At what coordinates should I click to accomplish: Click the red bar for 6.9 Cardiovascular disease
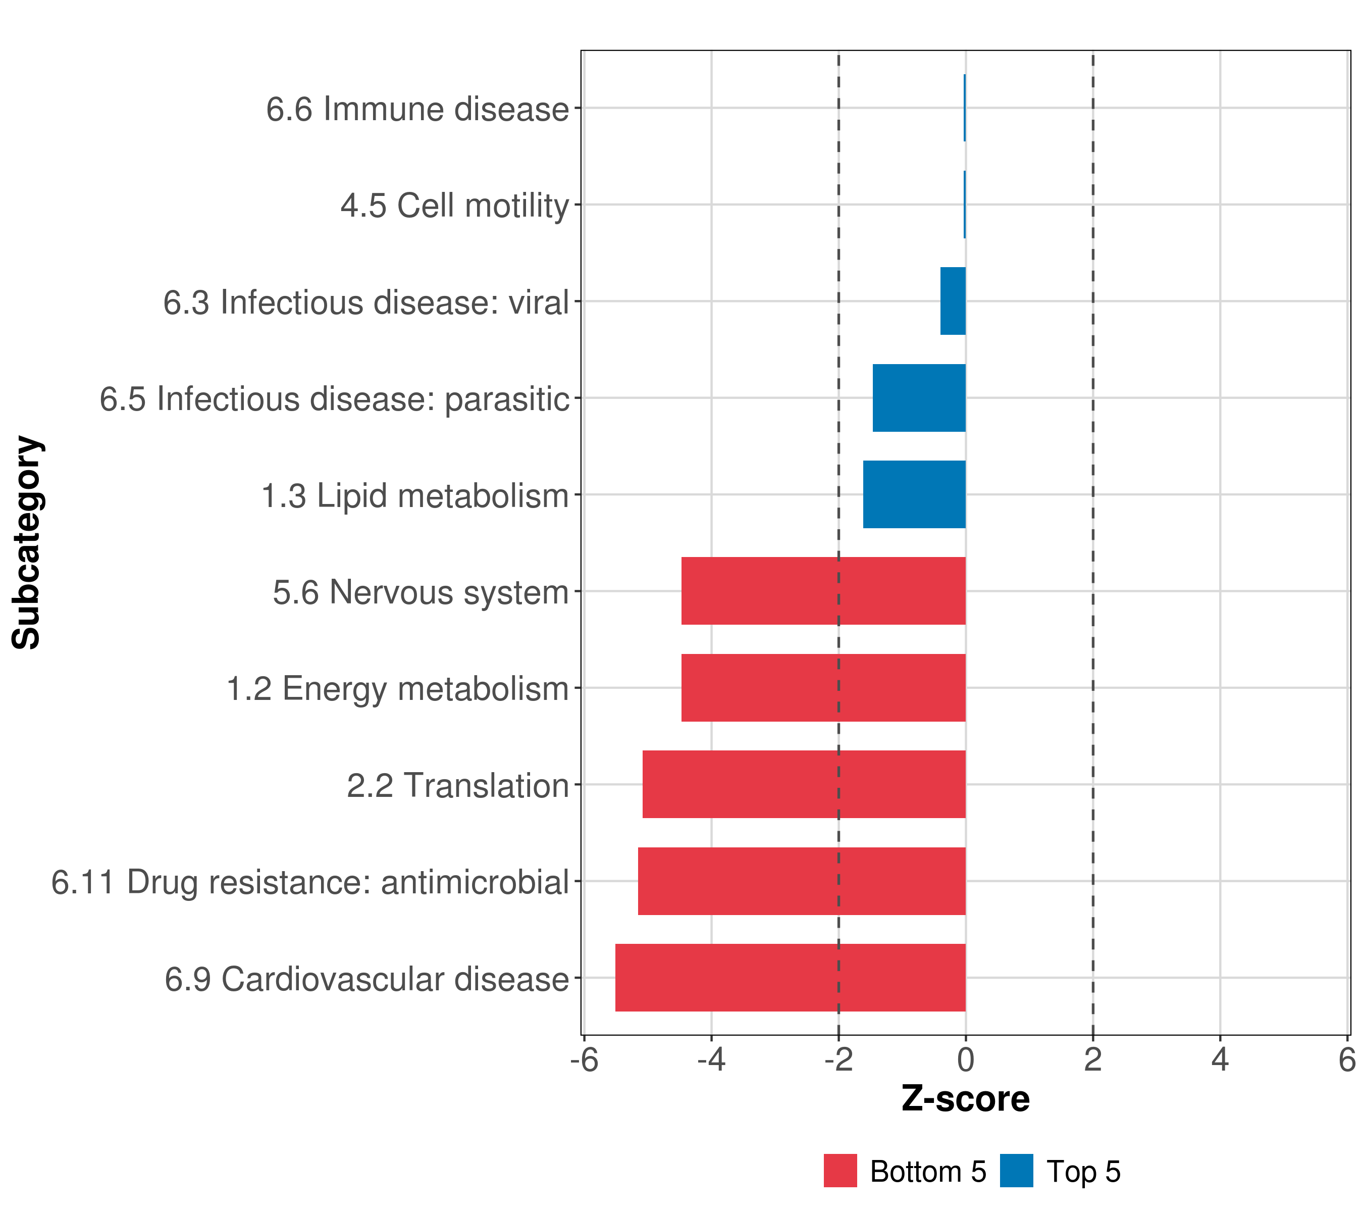[790, 977]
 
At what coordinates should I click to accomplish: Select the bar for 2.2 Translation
[804, 784]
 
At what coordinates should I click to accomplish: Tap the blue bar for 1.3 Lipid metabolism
[914, 494]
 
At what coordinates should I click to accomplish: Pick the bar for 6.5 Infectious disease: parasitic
[919, 397]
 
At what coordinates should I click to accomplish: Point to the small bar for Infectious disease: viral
[953, 301]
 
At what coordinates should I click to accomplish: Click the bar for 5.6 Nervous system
[823, 591]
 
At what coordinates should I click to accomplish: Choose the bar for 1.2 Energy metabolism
[823, 688]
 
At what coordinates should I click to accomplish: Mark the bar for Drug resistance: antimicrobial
[802, 881]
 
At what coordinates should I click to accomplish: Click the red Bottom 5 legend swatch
[840, 1171]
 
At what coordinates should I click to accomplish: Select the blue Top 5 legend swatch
[1016, 1171]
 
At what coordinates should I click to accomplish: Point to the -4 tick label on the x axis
[711, 1060]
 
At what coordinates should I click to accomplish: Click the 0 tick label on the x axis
[966, 1060]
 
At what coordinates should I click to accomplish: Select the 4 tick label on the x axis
[1220, 1060]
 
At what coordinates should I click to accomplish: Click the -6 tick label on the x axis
[585, 1060]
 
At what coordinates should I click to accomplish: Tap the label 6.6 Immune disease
[417, 109]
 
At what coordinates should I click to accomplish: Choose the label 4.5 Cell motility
[455, 206]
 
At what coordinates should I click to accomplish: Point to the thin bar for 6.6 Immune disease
[964, 108]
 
